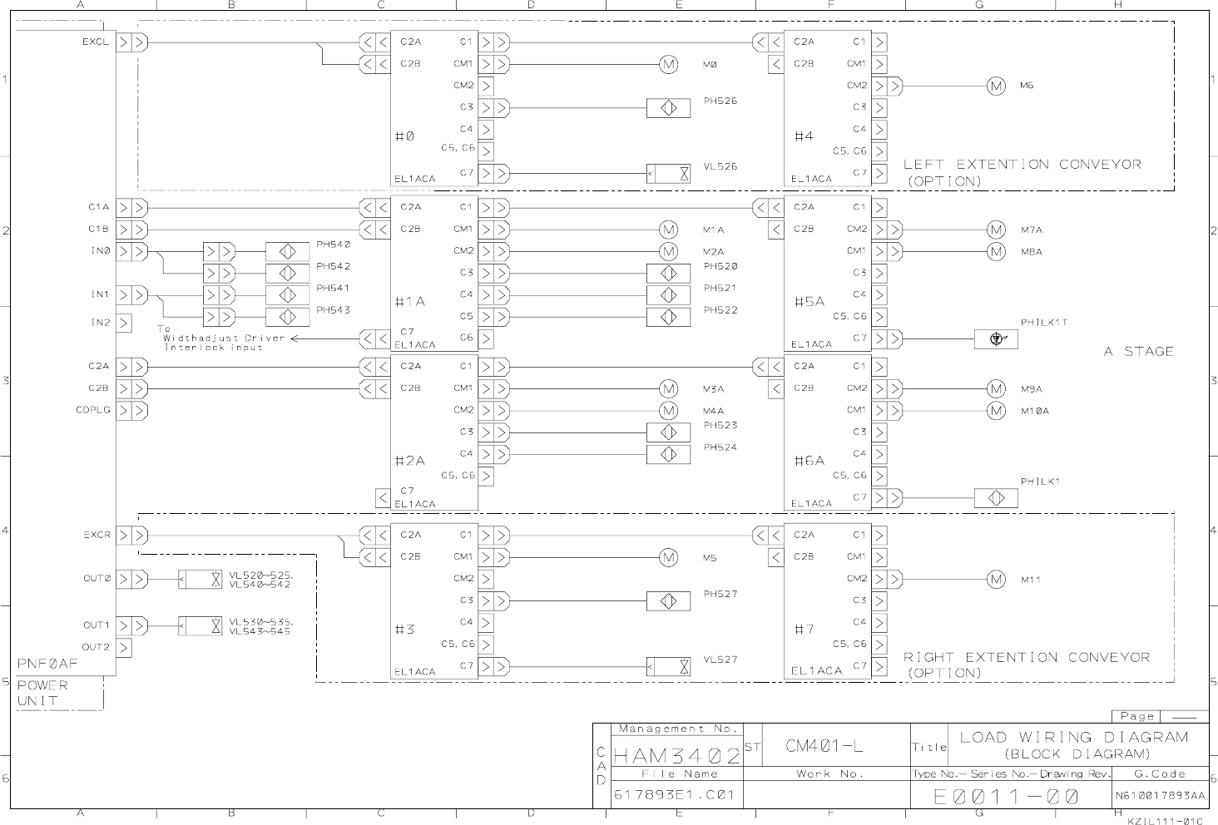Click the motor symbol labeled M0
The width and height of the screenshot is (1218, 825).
[669, 64]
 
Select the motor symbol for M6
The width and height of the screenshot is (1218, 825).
[996, 86]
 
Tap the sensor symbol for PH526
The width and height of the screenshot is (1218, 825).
[669, 108]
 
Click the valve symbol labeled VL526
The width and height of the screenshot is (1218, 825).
[669, 174]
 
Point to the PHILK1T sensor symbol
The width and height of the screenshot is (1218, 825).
[996, 338]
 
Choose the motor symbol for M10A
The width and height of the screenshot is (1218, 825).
[996, 411]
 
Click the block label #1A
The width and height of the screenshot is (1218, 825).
[410, 302]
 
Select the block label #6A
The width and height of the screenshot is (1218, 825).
[809, 460]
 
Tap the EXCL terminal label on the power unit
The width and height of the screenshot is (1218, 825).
[95, 42]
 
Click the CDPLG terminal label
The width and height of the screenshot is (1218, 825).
[93, 410]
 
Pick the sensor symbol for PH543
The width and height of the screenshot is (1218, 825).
[287, 317]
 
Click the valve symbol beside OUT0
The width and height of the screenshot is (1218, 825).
[201, 579]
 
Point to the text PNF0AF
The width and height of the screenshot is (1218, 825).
[47, 664]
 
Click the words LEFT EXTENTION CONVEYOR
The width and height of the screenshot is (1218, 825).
[1022, 165]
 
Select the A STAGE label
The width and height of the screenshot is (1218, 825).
[1138, 352]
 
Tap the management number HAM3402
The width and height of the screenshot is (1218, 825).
[676, 757]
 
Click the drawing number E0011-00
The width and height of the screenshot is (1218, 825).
[1007, 797]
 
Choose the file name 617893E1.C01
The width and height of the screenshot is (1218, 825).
[675, 795]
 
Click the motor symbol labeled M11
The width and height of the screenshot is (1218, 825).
[996, 580]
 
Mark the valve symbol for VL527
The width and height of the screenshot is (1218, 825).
[669, 666]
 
